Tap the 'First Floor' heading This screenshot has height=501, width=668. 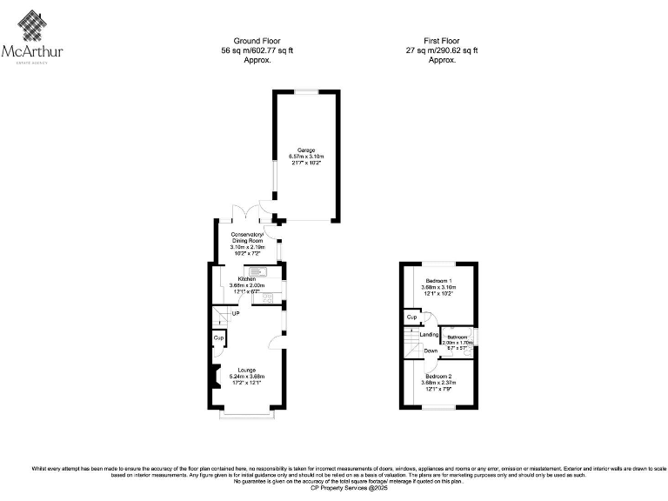pyautogui.click(x=442, y=41)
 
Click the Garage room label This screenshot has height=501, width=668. pyautogui.click(x=305, y=150)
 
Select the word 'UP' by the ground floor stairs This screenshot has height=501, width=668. pyautogui.click(x=236, y=313)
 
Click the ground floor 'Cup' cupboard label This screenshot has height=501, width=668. pyautogui.click(x=218, y=337)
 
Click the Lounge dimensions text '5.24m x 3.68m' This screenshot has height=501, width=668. pyautogui.click(x=246, y=376)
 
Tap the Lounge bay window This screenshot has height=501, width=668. pyautogui.click(x=249, y=415)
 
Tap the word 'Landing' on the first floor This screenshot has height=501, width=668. pyautogui.click(x=428, y=335)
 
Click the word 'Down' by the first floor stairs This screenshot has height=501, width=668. pyautogui.click(x=430, y=351)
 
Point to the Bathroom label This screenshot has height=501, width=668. pyautogui.click(x=458, y=337)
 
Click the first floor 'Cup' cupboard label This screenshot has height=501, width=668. pyautogui.click(x=410, y=317)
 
